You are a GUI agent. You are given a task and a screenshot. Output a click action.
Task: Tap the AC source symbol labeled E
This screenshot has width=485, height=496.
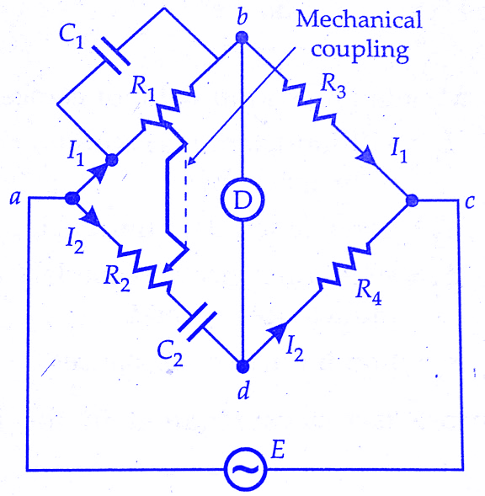(243, 469)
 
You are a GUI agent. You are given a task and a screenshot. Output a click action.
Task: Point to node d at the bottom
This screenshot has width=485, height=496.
(242, 367)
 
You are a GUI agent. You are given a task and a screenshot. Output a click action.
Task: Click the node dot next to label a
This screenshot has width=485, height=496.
(72, 199)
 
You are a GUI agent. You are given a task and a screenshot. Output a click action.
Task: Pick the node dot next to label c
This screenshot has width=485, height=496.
(412, 200)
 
